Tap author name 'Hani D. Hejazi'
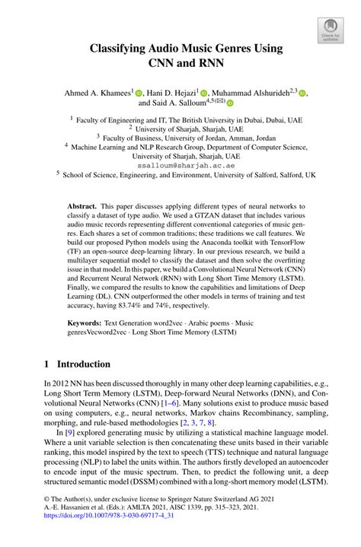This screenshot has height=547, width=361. (x=171, y=92)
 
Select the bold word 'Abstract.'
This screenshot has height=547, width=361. (x=81, y=206)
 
